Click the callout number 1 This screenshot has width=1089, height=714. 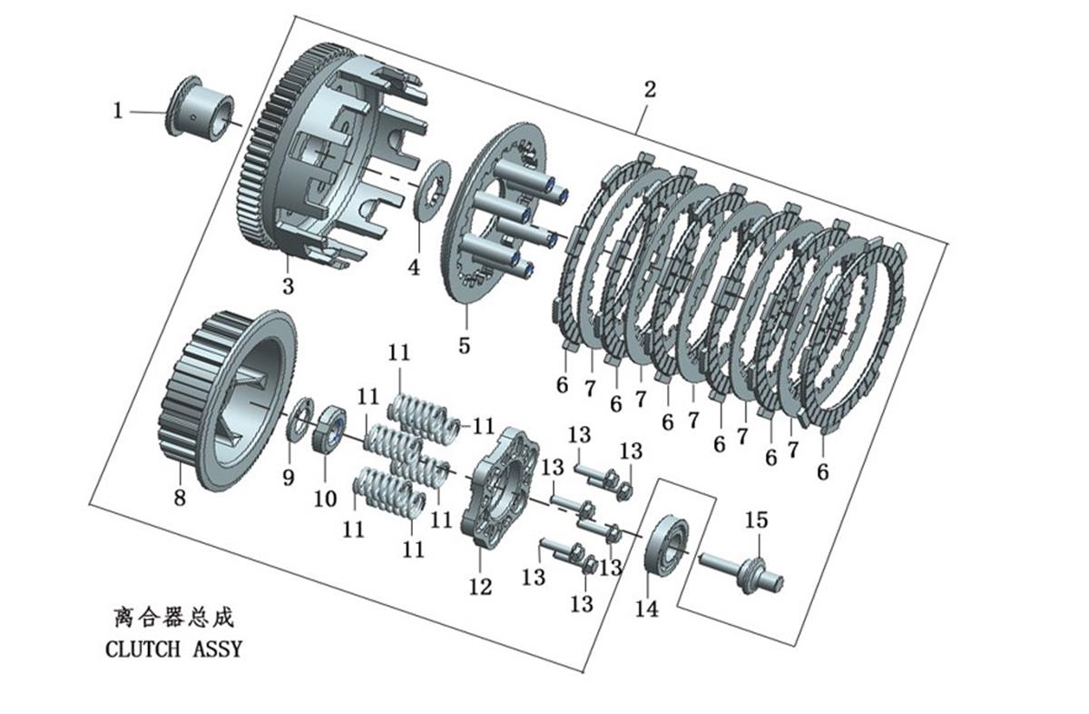[118, 111]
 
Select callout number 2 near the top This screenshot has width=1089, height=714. [650, 90]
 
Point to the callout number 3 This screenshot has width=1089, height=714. [289, 286]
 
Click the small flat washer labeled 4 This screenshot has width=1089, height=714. [432, 192]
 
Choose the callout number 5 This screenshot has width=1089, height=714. [465, 345]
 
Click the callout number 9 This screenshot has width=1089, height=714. [289, 478]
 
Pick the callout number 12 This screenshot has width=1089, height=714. [480, 588]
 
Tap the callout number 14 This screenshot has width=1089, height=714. [647, 609]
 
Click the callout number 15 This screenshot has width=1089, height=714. [757, 521]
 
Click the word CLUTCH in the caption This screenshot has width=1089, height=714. [142, 650]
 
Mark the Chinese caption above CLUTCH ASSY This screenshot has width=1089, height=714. [174, 618]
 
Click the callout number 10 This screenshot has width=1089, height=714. [325, 499]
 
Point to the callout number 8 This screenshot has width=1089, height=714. [180, 498]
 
